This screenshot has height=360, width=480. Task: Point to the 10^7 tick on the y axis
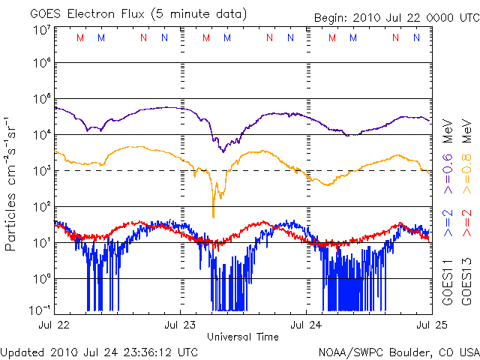(40, 31)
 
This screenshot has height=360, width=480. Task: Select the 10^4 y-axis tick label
(40, 135)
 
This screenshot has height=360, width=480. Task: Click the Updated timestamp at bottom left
(100, 351)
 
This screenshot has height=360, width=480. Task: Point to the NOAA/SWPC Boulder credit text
(397, 351)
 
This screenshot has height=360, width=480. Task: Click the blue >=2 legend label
(447, 223)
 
